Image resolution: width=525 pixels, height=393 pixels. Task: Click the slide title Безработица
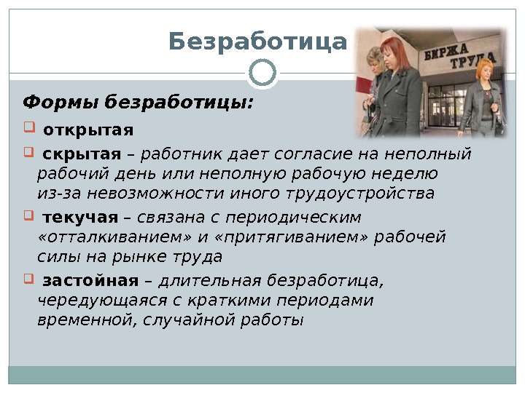pyautogui.click(x=257, y=42)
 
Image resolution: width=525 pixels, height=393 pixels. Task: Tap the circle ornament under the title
pyautogui.click(x=262, y=71)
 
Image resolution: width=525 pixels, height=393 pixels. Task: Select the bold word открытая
pyautogui.click(x=88, y=131)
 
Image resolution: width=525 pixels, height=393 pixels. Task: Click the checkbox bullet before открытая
pyautogui.click(x=30, y=130)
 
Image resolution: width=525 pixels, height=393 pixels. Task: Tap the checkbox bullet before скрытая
pyautogui.click(x=30, y=153)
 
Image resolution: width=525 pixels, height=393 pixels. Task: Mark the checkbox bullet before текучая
pyautogui.click(x=30, y=216)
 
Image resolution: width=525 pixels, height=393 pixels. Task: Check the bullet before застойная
pyautogui.click(x=30, y=279)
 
